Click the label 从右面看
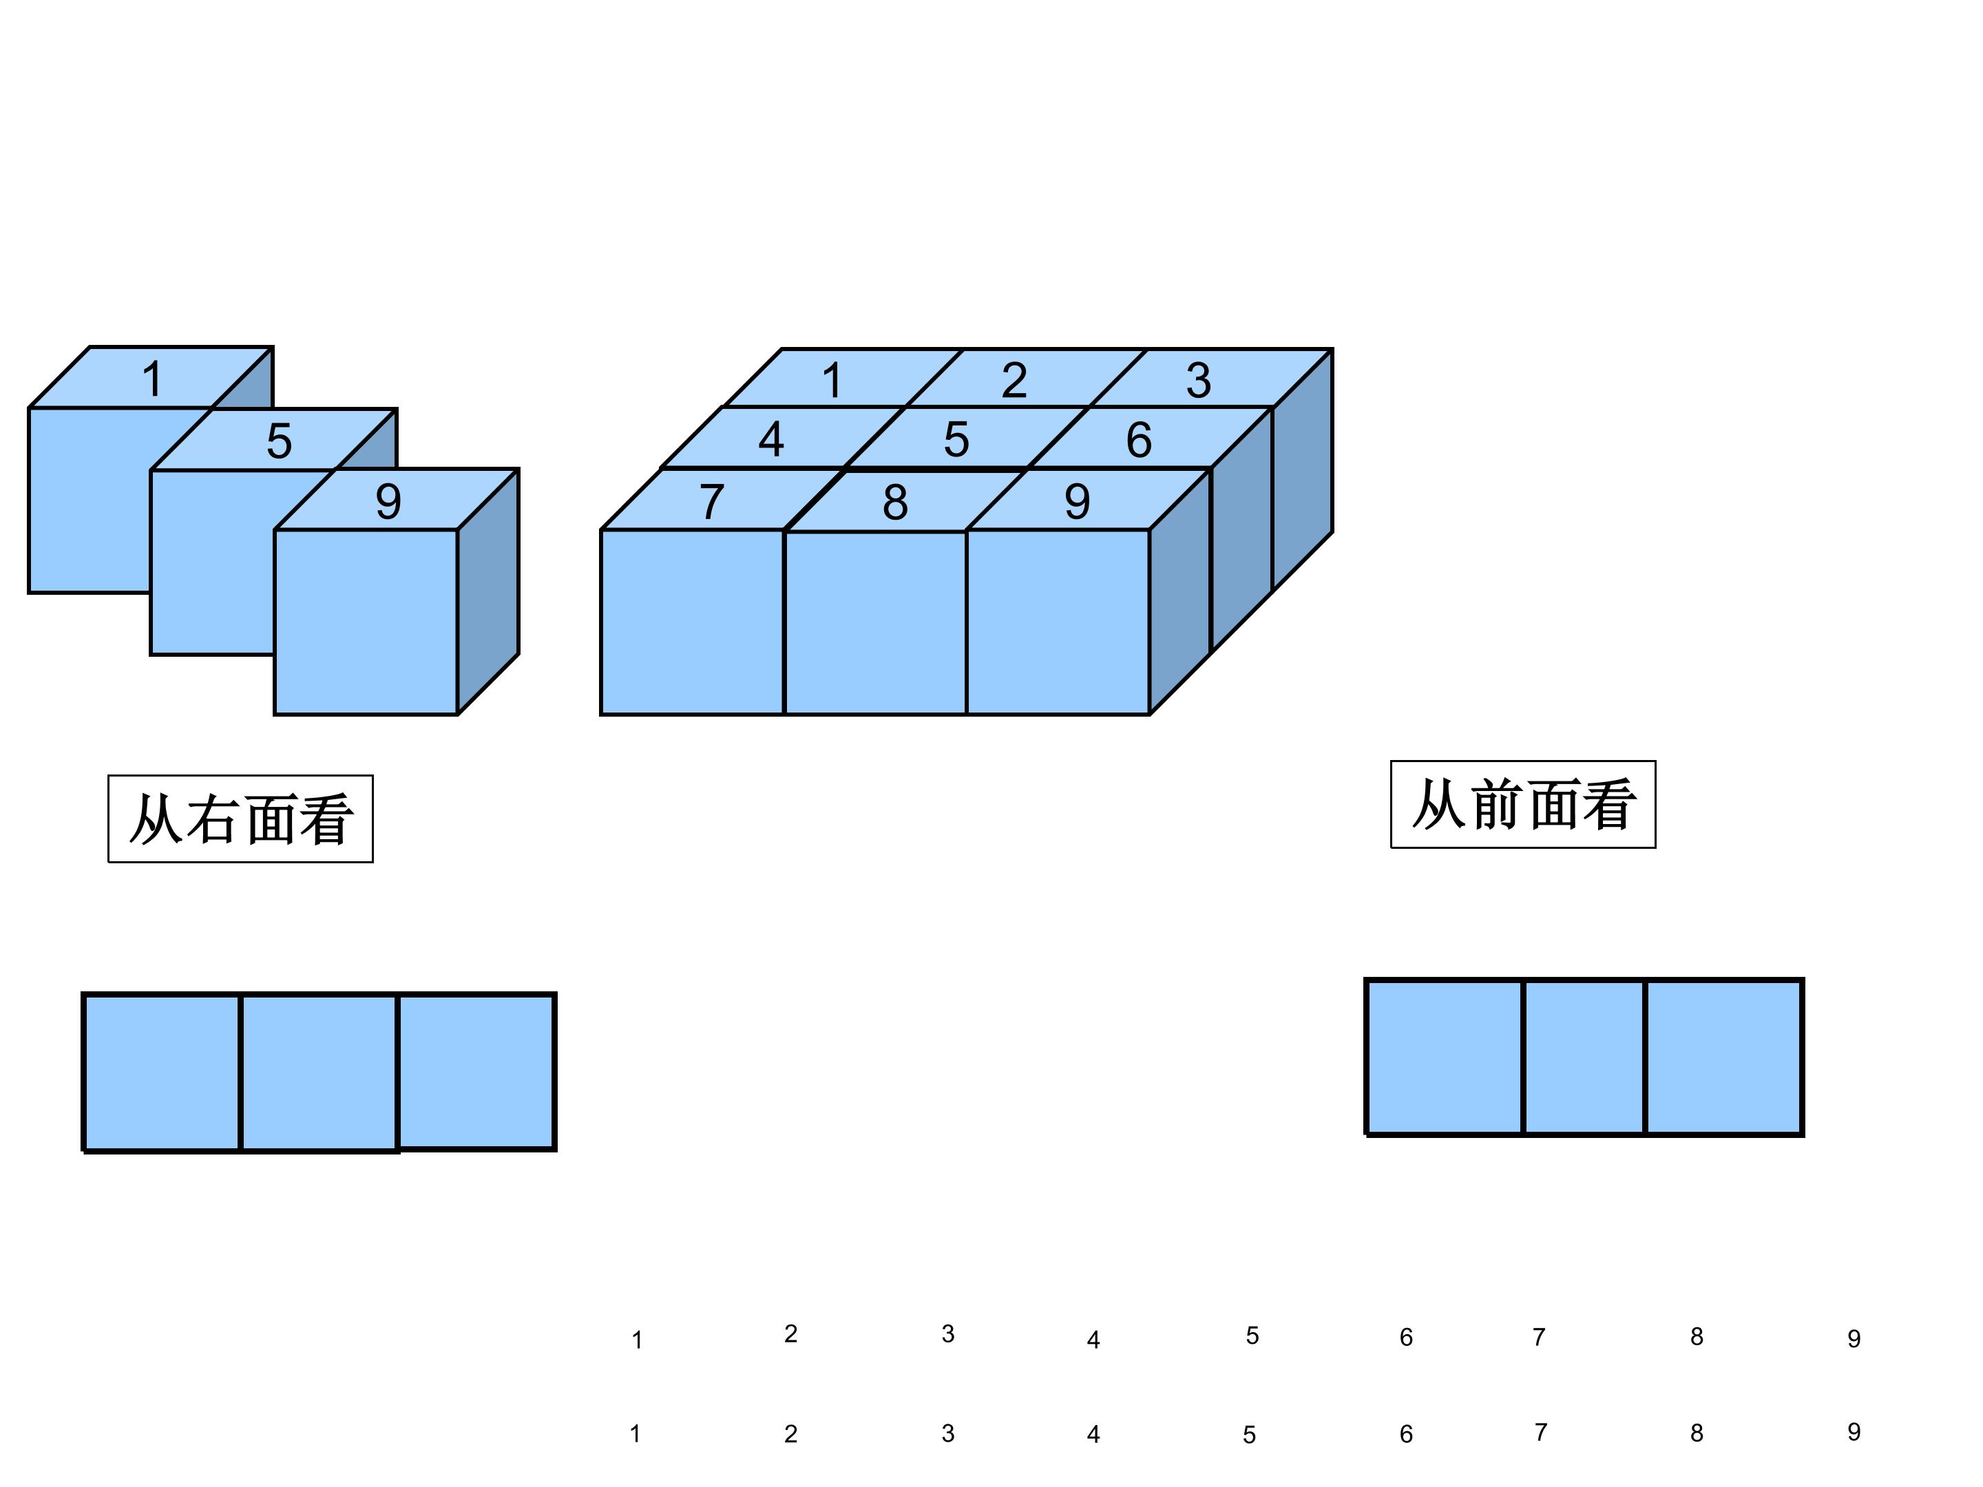[x=240, y=819]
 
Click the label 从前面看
[x=1523, y=804]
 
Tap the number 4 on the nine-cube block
[x=771, y=439]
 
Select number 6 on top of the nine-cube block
[x=1139, y=439]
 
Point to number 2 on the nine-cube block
[x=1014, y=380]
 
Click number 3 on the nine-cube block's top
[x=1199, y=380]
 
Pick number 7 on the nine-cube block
[x=712, y=501]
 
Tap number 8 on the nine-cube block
[x=894, y=502]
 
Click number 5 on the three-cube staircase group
[x=279, y=441]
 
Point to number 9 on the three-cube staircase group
[x=388, y=501]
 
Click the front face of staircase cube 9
[x=366, y=622]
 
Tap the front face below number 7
[x=692, y=622]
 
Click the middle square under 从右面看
[x=319, y=1072]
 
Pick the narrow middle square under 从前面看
[x=1584, y=1057]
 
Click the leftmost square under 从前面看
[x=1445, y=1057]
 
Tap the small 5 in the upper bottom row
[x=1252, y=1336]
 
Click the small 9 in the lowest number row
[x=1854, y=1431]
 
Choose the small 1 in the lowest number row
[x=636, y=1433]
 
